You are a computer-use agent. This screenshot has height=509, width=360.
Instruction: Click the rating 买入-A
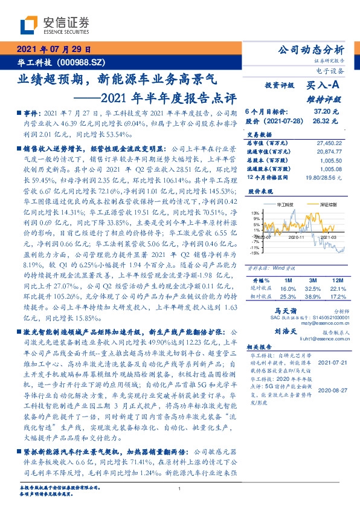324,86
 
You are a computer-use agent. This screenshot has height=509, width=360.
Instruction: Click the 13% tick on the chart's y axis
256,213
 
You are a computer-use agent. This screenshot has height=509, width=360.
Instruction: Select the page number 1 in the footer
179,488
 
